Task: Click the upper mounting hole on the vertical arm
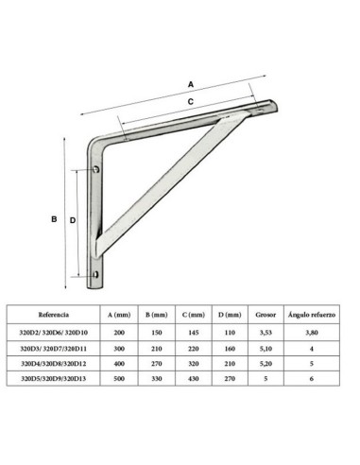tap(97, 170)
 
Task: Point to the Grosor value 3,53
tap(266, 332)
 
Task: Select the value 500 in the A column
tap(119, 378)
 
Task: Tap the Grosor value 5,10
tap(266, 348)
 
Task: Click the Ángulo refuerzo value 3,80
tap(313, 332)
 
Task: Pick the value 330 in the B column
tap(158, 378)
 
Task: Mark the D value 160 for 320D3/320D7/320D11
tap(231, 348)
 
